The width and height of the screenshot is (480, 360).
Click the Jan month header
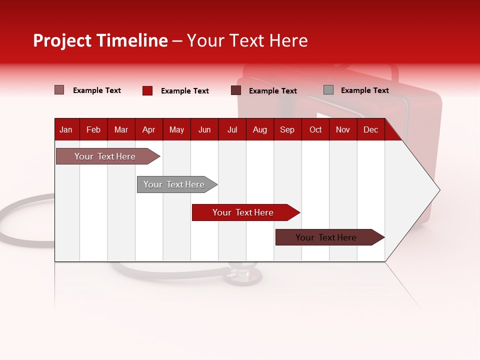click(x=66, y=130)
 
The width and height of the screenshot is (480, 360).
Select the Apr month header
click(x=148, y=130)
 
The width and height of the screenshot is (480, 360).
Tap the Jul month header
click(x=232, y=130)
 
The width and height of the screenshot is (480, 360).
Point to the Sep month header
click(x=287, y=130)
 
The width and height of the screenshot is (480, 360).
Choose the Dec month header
click(x=370, y=130)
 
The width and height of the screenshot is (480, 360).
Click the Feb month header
click(x=93, y=130)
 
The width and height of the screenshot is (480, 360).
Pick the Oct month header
click(x=315, y=130)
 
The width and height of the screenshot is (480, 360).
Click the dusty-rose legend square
click(x=59, y=90)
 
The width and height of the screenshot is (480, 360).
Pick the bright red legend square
click(x=147, y=90)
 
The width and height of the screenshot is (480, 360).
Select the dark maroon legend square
click(x=236, y=90)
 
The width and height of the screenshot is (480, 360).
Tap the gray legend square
click(x=328, y=90)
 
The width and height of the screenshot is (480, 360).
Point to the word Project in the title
click(x=62, y=40)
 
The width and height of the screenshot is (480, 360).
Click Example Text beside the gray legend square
click(x=364, y=90)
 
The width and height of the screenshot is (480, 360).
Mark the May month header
click(x=176, y=130)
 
